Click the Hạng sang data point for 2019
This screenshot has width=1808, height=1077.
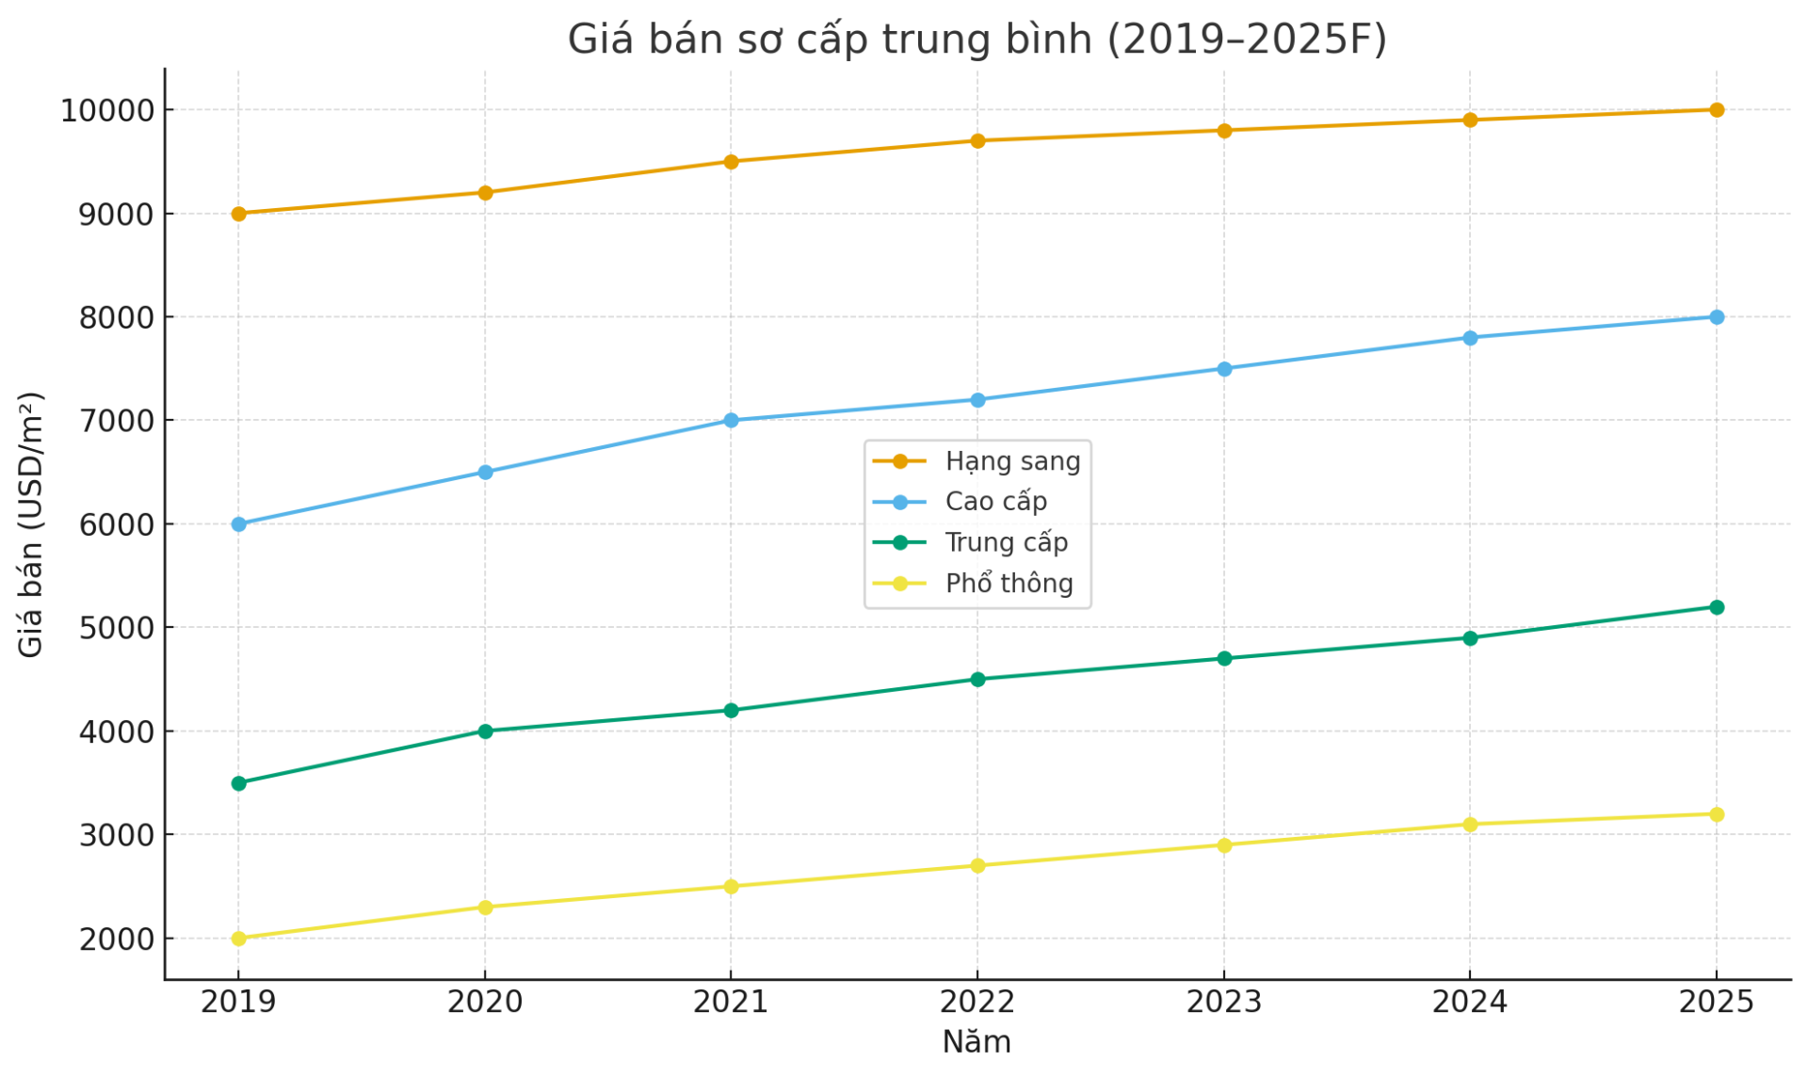coord(238,214)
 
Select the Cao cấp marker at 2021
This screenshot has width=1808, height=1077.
coord(731,421)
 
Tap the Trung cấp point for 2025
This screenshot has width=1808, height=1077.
coord(1717,607)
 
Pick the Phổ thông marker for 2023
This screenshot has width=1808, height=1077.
coord(1224,845)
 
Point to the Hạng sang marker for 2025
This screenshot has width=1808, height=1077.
coord(1717,110)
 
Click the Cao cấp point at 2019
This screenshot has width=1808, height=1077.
coord(238,524)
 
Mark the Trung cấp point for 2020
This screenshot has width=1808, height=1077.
coord(485,731)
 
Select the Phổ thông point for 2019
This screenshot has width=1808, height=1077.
coord(238,939)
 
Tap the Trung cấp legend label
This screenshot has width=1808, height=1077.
coord(1006,543)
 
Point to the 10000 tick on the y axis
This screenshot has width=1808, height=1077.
coord(107,111)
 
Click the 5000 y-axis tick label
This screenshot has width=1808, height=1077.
coord(116,628)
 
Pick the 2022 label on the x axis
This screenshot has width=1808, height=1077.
coord(977,1003)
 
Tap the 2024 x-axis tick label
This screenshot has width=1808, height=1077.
coord(1470,1003)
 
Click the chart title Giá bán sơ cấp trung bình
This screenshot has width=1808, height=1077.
coord(977,40)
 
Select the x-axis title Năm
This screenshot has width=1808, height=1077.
coord(977,1042)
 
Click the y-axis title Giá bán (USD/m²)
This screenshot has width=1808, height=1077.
coord(31,524)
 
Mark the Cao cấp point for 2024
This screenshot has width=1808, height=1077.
coord(1470,338)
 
